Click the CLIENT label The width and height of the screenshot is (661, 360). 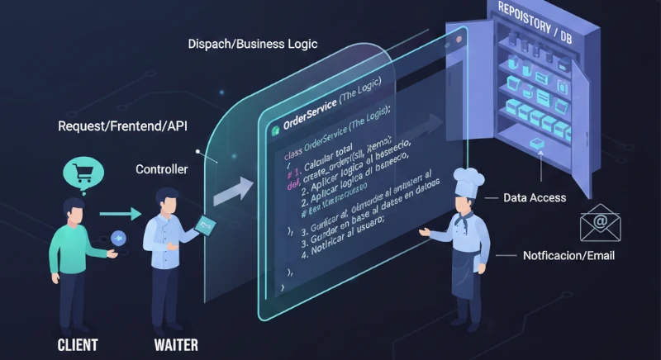pyautogui.click(x=78, y=343)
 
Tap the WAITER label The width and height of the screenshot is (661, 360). pyautogui.click(x=176, y=343)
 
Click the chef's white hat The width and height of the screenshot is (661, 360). pyautogui.click(x=469, y=180)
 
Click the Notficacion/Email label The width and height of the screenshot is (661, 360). pyautogui.click(x=568, y=256)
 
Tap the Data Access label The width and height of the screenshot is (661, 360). pyautogui.click(x=535, y=198)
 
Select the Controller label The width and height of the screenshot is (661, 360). pyautogui.click(x=161, y=168)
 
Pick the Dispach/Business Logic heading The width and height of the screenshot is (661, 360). pyautogui.click(x=253, y=43)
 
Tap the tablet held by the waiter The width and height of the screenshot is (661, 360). pyautogui.click(x=205, y=224)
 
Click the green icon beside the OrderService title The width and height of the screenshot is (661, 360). pyautogui.click(x=273, y=130)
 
